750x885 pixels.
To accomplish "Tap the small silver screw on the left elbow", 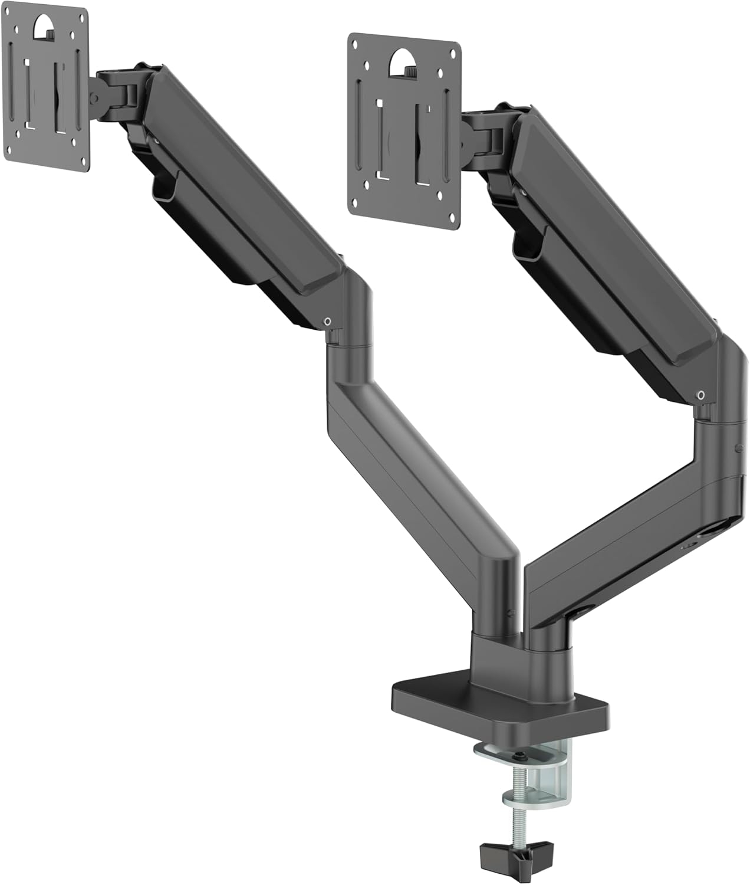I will [327, 321].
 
